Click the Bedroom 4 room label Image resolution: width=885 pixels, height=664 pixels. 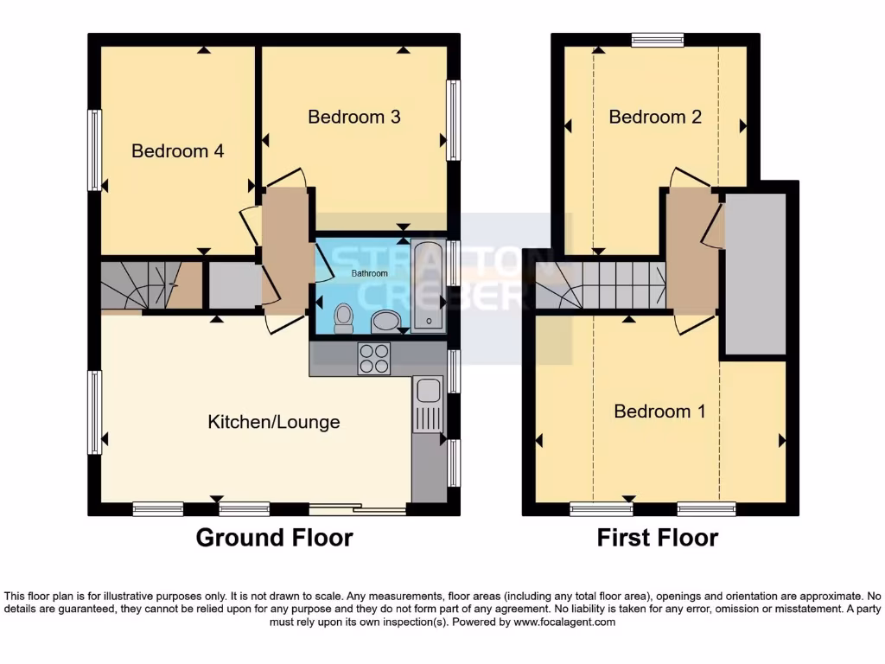tap(177, 151)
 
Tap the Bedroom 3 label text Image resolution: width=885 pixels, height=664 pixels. tap(353, 117)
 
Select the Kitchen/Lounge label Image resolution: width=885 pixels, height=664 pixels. tap(273, 422)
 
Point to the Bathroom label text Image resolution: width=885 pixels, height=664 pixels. tap(369, 273)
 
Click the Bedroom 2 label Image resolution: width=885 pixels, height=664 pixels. tap(654, 117)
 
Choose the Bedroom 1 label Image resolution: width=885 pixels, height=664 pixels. tap(659, 412)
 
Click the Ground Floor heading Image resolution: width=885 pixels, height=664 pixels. tap(274, 538)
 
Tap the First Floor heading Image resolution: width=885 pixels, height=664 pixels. tap(657, 538)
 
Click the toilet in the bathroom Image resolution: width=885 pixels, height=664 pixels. tap(343, 317)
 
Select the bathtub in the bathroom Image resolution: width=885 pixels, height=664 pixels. tap(429, 286)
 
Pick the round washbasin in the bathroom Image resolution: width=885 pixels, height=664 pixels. tap(385, 322)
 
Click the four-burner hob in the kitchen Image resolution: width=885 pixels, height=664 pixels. tap(374, 358)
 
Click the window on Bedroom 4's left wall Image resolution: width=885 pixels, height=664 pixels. tap(94, 150)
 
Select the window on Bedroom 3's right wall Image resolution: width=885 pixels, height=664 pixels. tap(453, 119)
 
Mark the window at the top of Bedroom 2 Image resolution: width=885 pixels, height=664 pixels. tap(657, 39)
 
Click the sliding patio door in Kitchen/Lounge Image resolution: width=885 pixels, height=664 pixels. tap(358, 509)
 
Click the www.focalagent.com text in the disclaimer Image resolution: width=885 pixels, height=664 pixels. tap(564, 622)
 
